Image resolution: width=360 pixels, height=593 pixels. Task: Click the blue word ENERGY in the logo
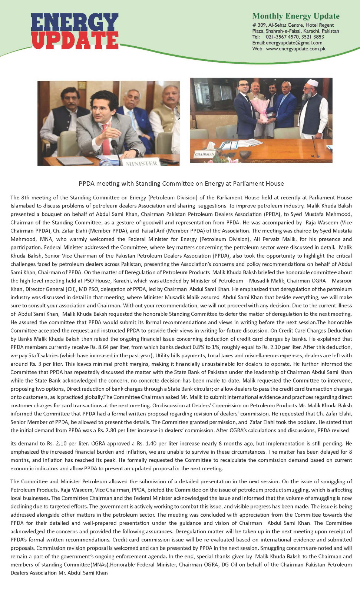[75, 23]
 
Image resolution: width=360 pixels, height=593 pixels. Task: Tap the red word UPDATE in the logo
[75, 40]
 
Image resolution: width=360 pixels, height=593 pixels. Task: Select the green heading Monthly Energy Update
[296, 16]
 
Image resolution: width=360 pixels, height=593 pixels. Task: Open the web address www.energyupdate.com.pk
[295, 49]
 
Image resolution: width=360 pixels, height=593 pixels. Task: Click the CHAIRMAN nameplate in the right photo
[205, 154]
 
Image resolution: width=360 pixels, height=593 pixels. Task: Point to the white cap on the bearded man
[313, 83]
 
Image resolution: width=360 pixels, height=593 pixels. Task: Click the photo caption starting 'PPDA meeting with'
[181, 183]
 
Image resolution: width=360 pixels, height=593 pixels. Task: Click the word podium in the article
[306, 422]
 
